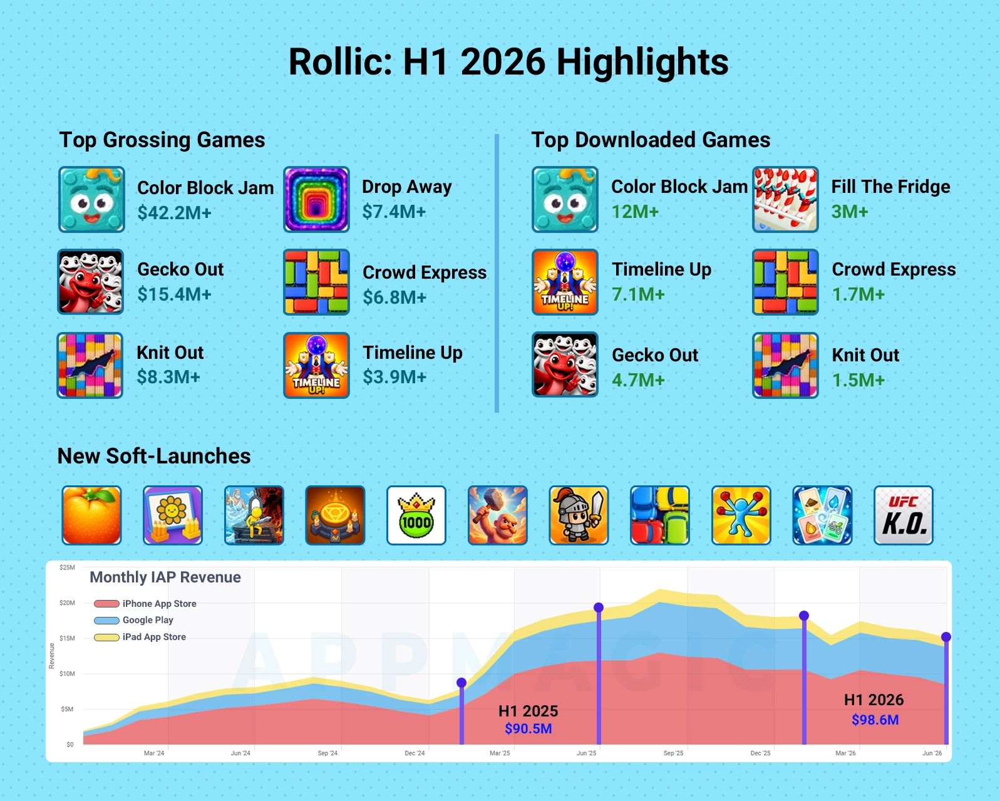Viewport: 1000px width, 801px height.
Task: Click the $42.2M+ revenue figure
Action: pyautogui.click(x=174, y=212)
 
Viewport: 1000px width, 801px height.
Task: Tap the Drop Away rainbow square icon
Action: pyautogui.click(x=316, y=199)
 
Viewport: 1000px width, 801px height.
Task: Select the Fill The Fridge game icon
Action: pyautogui.click(x=785, y=199)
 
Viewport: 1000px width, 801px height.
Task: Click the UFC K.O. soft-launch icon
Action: pyautogui.click(x=904, y=515)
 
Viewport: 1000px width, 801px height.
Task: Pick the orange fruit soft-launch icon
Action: pyautogui.click(x=91, y=515)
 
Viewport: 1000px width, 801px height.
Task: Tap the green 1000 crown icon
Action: pyautogui.click(x=416, y=515)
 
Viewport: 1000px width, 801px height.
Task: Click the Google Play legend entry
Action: pyautogui.click(x=133, y=620)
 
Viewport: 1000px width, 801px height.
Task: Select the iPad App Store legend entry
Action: pyautogui.click(x=140, y=637)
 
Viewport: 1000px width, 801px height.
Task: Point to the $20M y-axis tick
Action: pyautogui.click(x=68, y=603)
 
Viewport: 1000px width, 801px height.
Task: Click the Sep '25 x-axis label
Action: pyautogui.click(x=673, y=753)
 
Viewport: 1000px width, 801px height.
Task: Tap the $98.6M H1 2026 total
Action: pyautogui.click(x=875, y=720)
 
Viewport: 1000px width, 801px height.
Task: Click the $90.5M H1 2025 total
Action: pyautogui.click(x=528, y=728)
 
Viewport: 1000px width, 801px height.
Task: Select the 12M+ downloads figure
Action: pyautogui.click(x=635, y=212)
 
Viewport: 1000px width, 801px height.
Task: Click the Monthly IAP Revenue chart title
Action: pyautogui.click(x=165, y=577)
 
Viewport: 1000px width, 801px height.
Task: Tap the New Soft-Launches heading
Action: pyautogui.click(x=154, y=455)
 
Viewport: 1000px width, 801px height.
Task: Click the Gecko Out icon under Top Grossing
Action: pyautogui.click(x=91, y=282)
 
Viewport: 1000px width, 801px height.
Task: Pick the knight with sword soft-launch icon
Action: pyautogui.click(x=579, y=515)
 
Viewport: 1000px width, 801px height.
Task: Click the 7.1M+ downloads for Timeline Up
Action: pyautogui.click(x=638, y=294)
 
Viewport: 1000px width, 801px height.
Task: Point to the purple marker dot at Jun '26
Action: pyautogui.click(x=946, y=637)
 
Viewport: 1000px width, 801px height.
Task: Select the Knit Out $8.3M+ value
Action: pyautogui.click(x=168, y=376)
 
